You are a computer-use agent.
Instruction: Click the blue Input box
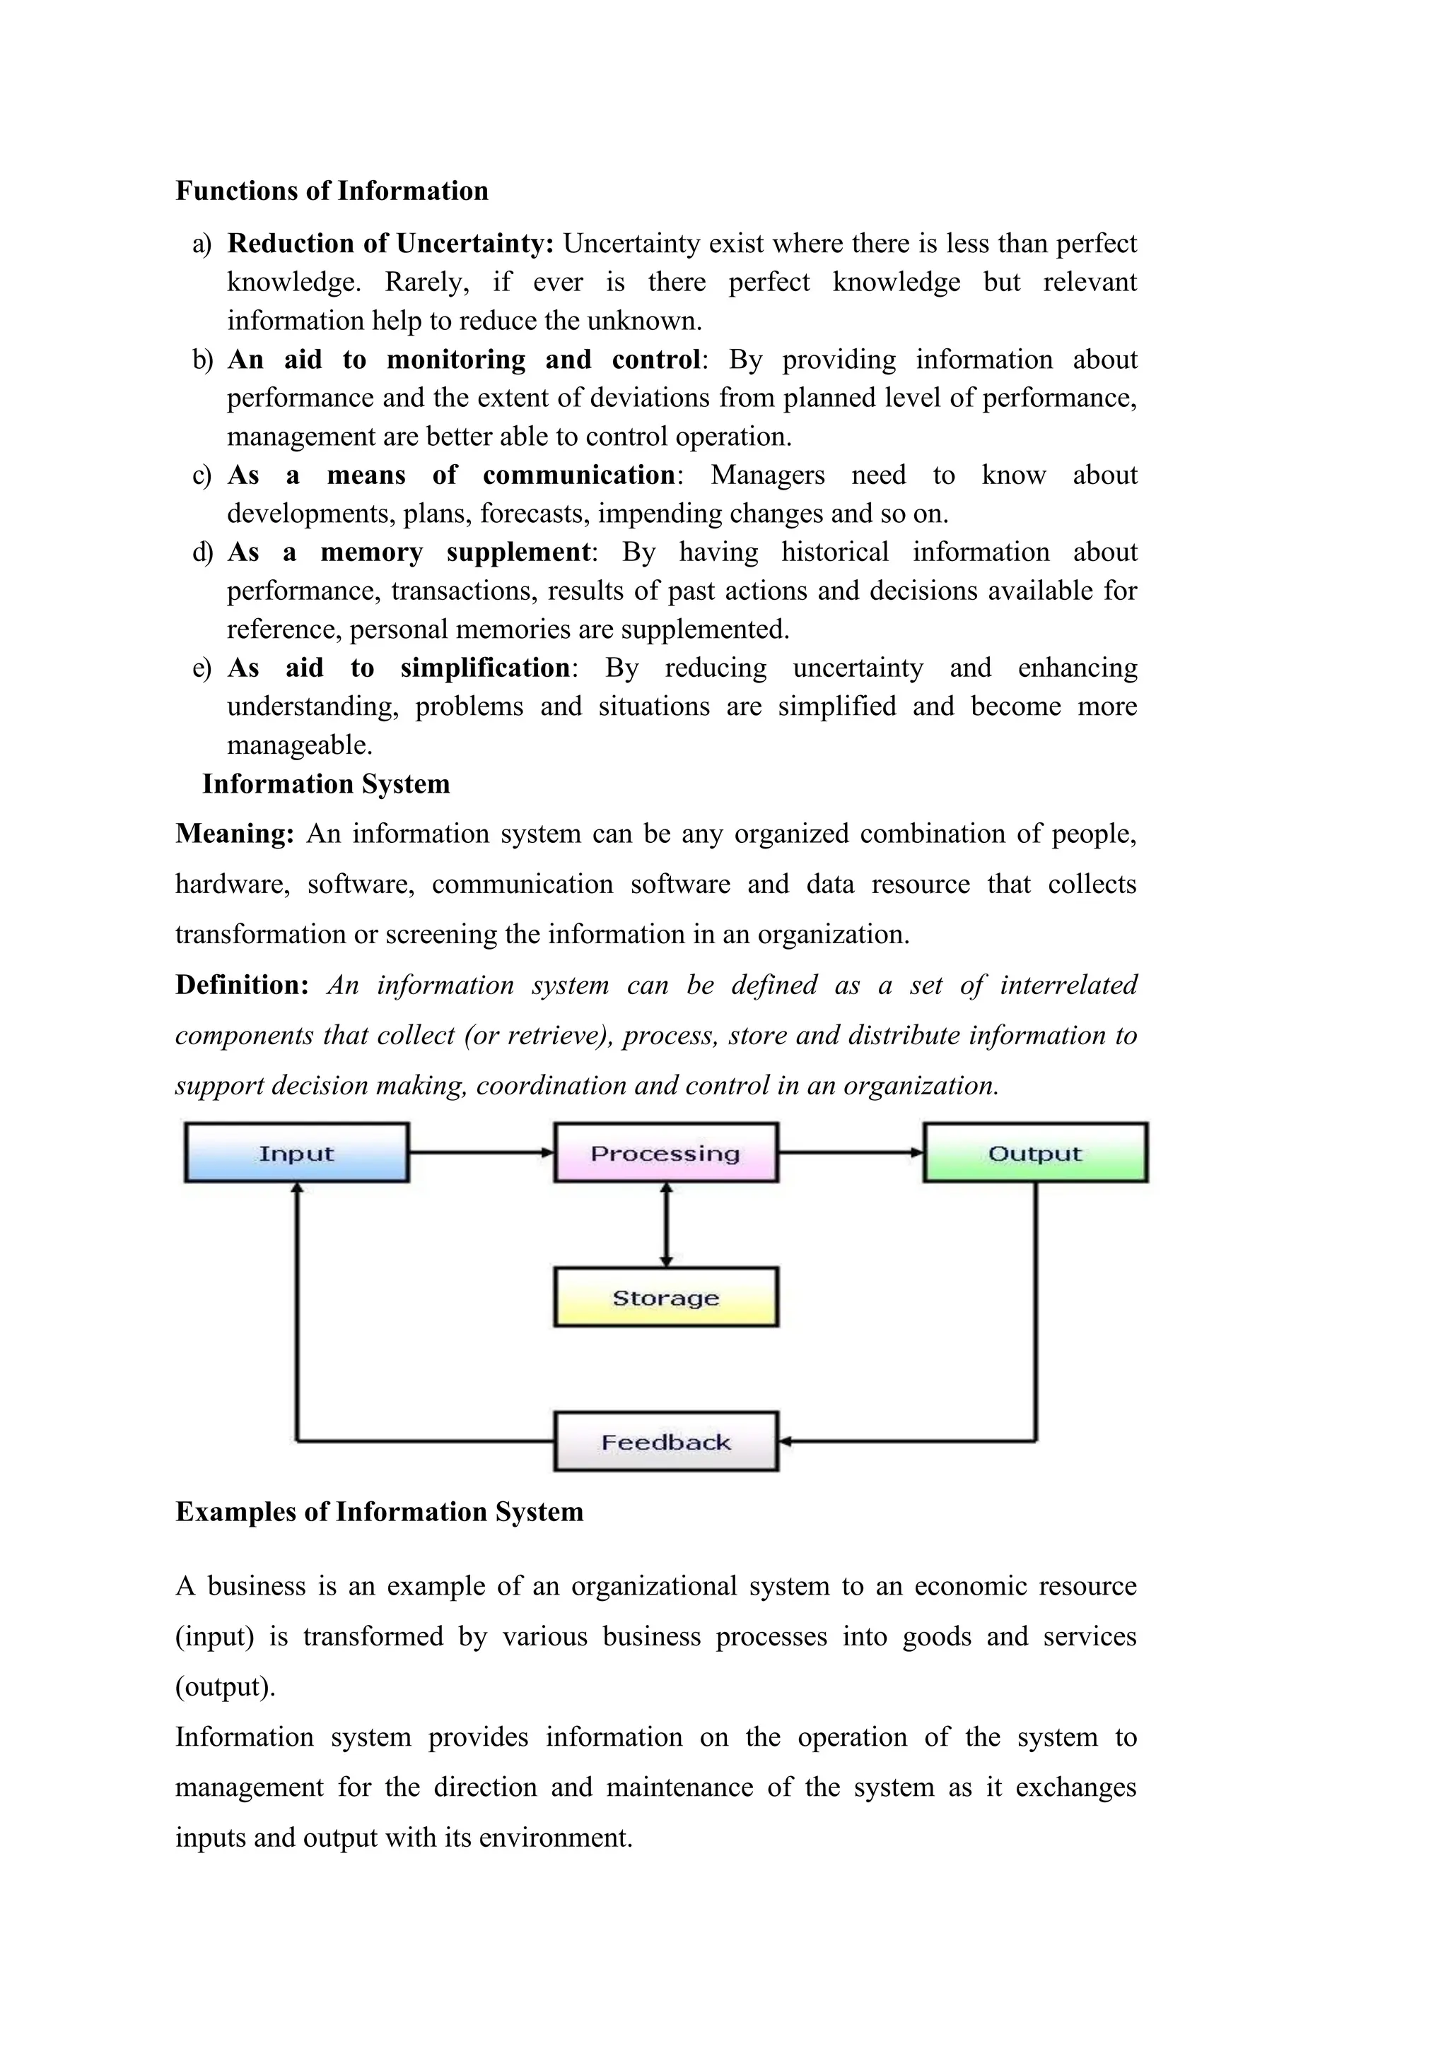(x=296, y=1152)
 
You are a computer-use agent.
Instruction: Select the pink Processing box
(x=665, y=1152)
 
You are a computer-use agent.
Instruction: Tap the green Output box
(x=1034, y=1152)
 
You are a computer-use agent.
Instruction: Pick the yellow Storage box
(x=665, y=1297)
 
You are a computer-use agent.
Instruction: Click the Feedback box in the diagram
(x=665, y=1442)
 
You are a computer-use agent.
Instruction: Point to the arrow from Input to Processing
(x=481, y=1152)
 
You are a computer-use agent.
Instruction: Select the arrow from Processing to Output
(x=851, y=1152)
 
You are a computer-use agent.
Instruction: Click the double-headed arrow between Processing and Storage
(x=665, y=1224)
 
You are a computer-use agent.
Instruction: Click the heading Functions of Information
(x=332, y=191)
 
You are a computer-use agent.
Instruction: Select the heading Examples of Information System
(x=379, y=1511)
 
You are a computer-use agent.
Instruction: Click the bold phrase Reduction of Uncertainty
(x=390, y=243)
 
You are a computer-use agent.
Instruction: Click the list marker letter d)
(x=202, y=552)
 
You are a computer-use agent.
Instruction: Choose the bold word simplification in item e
(x=485, y=668)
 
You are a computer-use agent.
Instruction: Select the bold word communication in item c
(x=578, y=475)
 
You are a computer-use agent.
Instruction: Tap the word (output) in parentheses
(x=225, y=1687)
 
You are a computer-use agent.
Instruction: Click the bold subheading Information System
(x=325, y=783)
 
